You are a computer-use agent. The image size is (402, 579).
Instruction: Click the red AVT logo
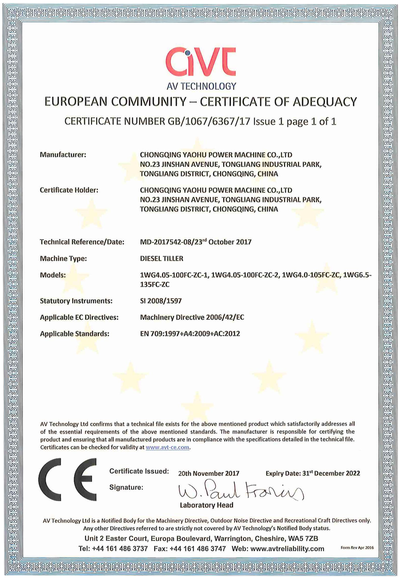click(201, 62)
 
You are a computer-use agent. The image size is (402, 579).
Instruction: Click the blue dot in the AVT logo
click(188, 53)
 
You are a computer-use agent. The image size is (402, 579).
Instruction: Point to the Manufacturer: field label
click(63, 154)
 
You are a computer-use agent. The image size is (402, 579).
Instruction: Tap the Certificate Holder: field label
click(69, 190)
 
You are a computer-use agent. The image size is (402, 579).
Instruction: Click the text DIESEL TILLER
click(161, 258)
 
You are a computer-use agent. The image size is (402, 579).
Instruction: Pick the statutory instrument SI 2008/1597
click(161, 301)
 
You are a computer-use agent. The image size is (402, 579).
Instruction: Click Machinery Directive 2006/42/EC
click(192, 317)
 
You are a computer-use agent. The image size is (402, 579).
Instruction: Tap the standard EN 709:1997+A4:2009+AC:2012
click(190, 334)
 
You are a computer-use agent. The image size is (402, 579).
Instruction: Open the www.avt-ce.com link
click(167, 447)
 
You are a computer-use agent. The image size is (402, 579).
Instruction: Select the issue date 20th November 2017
click(209, 473)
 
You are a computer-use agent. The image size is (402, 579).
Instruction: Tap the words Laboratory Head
click(206, 505)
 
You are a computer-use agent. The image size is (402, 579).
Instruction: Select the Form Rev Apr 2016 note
click(357, 547)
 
